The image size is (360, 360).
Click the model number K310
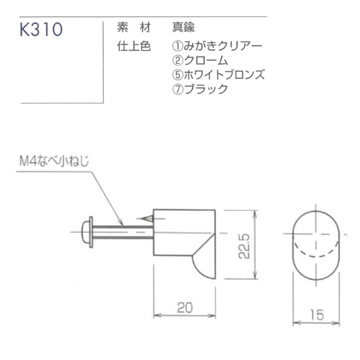pyautogui.click(x=41, y=29)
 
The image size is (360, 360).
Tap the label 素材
pyautogui.click(x=134, y=27)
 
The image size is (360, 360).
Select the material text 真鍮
pyautogui.click(x=183, y=27)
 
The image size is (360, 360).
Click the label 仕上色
pyautogui.click(x=134, y=46)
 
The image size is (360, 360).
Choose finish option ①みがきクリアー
pyautogui.click(x=217, y=46)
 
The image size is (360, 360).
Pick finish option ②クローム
pyautogui.click(x=200, y=60)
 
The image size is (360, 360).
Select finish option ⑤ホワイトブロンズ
pyautogui.click(x=219, y=75)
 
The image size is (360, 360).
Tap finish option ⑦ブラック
pyautogui.click(x=200, y=89)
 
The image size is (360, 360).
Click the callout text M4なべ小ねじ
pyautogui.click(x=54, y=161)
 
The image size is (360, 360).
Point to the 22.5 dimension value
pyautogui.click(x=244, y=246)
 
